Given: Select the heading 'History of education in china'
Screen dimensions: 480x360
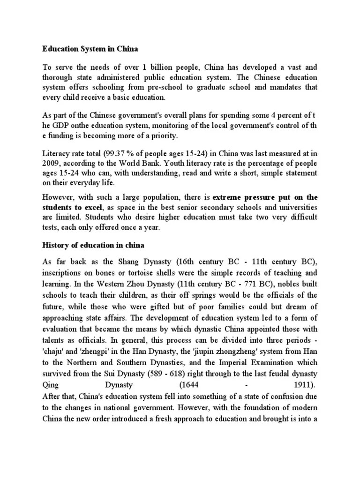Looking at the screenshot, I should (x=94, y=245).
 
